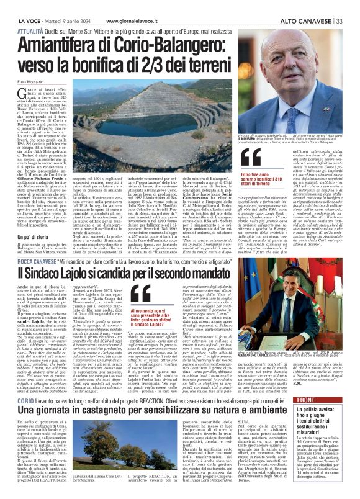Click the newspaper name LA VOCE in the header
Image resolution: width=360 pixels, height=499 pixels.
[13, 4]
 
